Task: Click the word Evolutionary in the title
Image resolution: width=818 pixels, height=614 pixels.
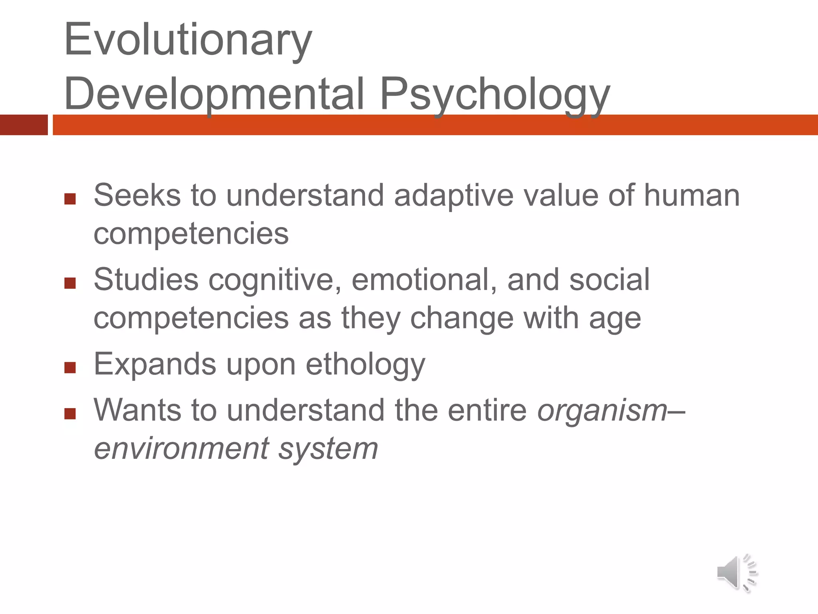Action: tap(188, 40)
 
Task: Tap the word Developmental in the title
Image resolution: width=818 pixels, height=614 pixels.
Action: tap(214, 94)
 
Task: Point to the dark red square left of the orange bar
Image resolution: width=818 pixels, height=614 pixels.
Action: tap(24, 125)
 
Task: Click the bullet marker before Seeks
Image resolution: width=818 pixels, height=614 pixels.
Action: tap(70, 199)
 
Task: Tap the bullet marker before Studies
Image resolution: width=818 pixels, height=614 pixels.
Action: tap(70, 283)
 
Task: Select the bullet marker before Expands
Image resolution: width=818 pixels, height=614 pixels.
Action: tap(70, 367)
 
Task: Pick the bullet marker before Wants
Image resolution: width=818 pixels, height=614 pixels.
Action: tap(70, 413)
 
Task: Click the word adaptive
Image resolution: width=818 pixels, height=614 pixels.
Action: tap(454, 196)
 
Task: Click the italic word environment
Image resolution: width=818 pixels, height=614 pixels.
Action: tap(181, 449)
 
